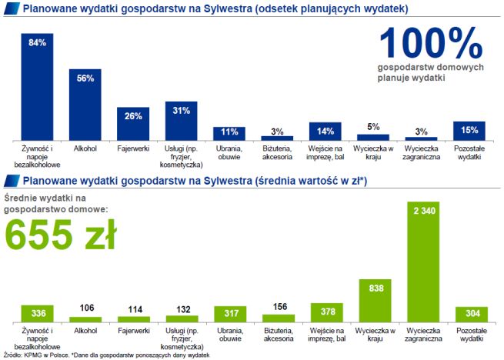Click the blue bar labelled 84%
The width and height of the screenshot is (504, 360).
click(x=38, y=86)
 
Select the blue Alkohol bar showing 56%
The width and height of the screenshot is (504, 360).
click(x=85, y=104)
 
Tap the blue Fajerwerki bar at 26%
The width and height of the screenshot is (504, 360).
click(x=132, y=123)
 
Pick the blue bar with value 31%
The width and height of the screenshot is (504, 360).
click(x=181, y=120)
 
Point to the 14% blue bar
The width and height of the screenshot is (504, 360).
click(x=325, y=131)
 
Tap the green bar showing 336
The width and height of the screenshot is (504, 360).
click(x=37, y=313)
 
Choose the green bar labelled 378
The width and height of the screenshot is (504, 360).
click(x=326, y=312)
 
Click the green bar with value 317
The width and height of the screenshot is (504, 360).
click(x=229, y=313)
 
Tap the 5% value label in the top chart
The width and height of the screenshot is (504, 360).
click(x=373, y=127)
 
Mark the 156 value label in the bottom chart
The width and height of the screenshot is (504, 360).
click(x=278, y=306)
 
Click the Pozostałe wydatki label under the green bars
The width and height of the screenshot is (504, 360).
click(x=469, y=335)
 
